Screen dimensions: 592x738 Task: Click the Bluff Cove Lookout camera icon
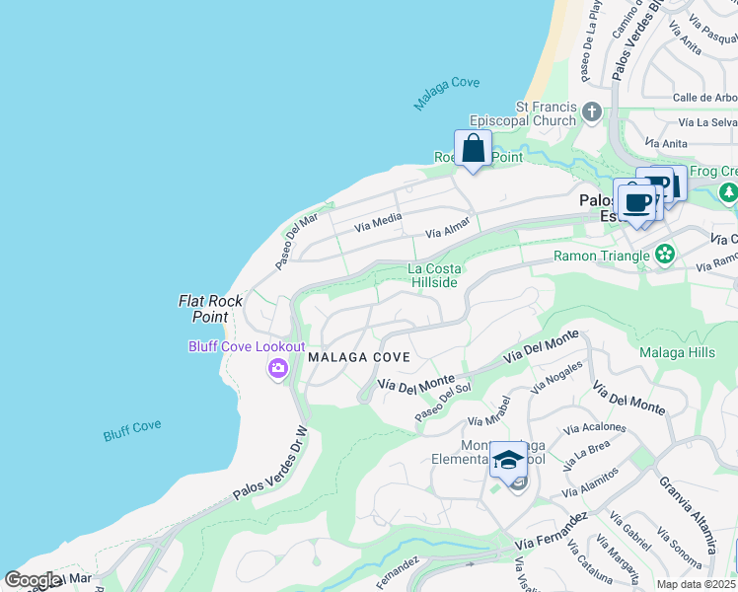point(277,369)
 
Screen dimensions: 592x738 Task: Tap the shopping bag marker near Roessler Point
point(474,150)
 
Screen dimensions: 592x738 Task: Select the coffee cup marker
point(637,203)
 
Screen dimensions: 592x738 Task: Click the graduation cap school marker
point(508,461)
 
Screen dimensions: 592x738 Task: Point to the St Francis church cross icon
point(592,111)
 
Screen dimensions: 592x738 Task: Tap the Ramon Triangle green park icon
point(665,256)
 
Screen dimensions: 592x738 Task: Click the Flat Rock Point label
point(203,309)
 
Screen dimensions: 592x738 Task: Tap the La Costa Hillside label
point(434,275)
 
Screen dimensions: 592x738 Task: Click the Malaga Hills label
point(677,352)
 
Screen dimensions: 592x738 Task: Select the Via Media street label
point(377,224)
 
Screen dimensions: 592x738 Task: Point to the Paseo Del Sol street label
point(443,404)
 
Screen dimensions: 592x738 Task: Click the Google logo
point(32,580)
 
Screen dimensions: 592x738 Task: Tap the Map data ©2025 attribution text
point(696,584)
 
